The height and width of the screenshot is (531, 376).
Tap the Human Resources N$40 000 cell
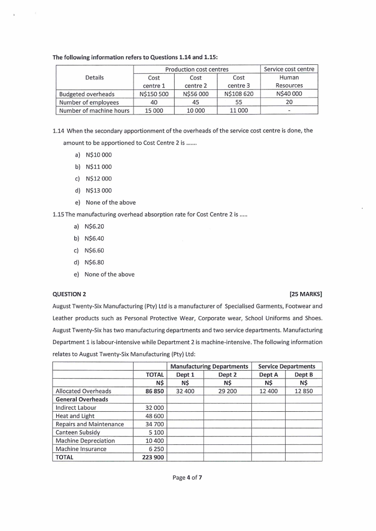pyautogui.click(x=289, y=94)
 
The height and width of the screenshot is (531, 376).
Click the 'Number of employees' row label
pyautogui.click(x=89, y=102)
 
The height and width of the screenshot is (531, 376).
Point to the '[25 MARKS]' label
pyautogui.click(x=309, y=294)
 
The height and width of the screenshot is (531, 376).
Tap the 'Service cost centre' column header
pyautogui.click(x=289, y=69)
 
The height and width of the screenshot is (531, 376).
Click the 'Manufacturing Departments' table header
pyautogui.click(x=209, y=366)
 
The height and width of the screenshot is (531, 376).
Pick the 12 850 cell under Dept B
pyautogui.click(x=304, y=391)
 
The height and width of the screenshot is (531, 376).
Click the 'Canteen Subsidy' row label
pyautogui.click(x=78, y=432)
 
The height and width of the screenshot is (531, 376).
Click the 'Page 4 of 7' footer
pyautogui.click(x=188, y=478)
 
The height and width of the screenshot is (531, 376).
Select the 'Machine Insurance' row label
pyautogui.click(x=81, y=449)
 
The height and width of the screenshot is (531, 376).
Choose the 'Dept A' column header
pyautogui.click(x=269, y=374)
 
